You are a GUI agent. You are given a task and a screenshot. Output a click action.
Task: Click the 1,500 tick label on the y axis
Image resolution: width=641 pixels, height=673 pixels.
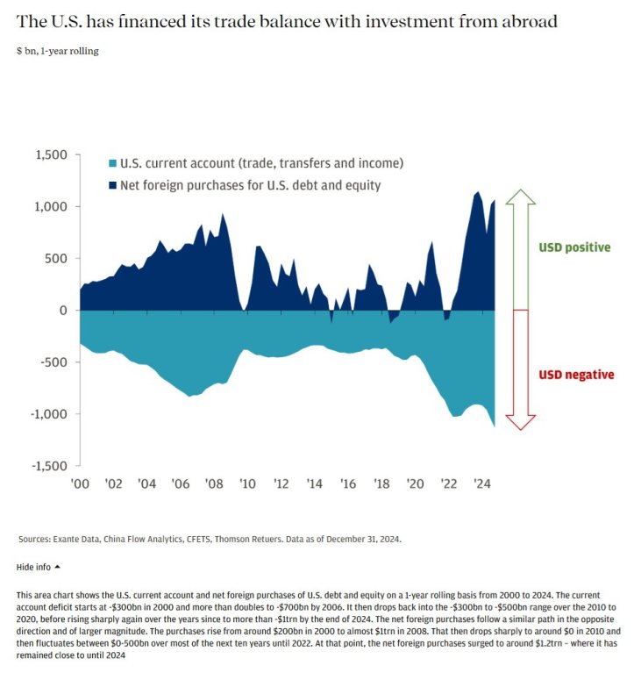pyautogui.click(x=51, y=154)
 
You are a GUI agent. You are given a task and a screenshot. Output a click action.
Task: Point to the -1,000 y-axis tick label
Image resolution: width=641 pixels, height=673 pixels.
pyautogui.click(x=48, y=414)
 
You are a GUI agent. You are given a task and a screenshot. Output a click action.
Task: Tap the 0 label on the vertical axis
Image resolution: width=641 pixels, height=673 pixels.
pyautogui.click(x=63, y=311)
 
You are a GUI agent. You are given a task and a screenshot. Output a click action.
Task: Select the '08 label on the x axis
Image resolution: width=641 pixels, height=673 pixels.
pyautogui.click(x=214, y=483)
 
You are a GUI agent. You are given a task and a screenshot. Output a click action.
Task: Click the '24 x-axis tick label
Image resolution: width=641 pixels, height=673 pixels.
pyautogui.click(x=481, y=483)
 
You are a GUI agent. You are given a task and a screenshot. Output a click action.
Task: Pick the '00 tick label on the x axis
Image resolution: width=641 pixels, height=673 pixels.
pyautogui.click(x=80, y=483)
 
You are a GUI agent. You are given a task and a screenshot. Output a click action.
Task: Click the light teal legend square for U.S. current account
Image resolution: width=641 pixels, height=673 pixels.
pyautogui.click(x=113, y=163)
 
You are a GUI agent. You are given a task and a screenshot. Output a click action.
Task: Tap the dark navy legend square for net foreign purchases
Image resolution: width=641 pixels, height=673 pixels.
pyautogui.click(x=113, y=185)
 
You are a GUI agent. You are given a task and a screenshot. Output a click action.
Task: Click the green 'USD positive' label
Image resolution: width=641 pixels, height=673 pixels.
pyautogui.click(x=574, y=247)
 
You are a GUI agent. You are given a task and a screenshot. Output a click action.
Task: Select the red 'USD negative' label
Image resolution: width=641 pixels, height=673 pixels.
pyautogui.click(x=576, y=375)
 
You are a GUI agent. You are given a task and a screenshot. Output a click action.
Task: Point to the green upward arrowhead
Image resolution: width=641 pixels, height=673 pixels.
pyautogui.click(x=521, y=197)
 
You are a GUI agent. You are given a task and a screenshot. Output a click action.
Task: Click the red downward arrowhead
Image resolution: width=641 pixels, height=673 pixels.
pyautogui.click(x=521, y=423)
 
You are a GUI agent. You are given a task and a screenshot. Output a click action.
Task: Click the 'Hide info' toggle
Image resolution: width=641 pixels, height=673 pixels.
pyautogui.click(x=39, y=567)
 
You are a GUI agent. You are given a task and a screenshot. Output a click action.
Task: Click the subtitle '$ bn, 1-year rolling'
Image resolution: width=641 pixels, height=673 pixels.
pyautogui.click(x=58, y=51)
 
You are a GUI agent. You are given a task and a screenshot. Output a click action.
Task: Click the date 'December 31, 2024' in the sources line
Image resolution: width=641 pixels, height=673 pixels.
pyautogui.click(x=363, y=539)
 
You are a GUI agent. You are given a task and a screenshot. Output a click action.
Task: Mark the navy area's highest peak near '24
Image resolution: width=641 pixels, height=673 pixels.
pyautogui.click(x=477, y=192)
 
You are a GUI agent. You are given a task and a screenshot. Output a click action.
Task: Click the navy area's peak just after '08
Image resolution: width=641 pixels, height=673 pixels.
pyautogui.click(x=222, y=214)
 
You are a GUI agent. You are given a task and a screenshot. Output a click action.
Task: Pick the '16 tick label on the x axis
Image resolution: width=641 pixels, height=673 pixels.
pyautogui.click(x=348, y=483)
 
